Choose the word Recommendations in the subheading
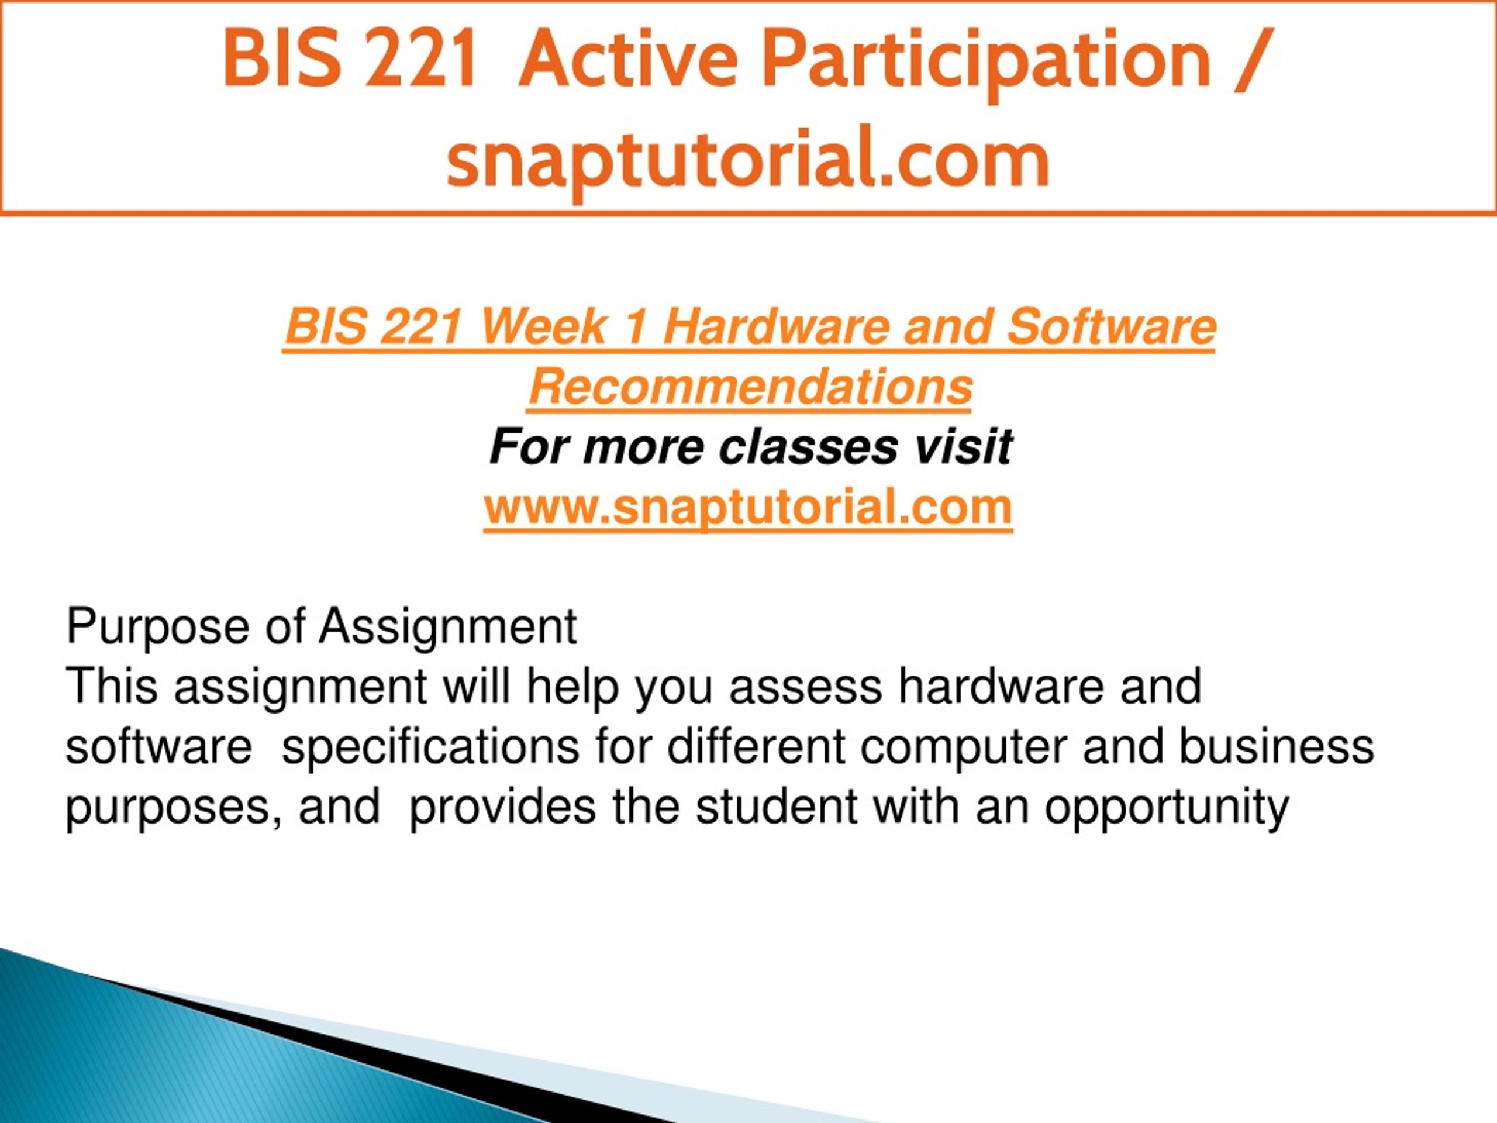point(750,387)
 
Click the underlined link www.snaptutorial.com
point(748,508)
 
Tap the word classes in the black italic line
point(808,447)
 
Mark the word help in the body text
point(572,688)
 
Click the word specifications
point(430,749)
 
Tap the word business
point(1276,747)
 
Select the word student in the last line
point(775,807)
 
